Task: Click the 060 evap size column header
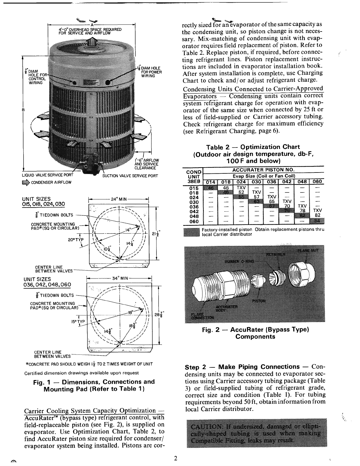click(317, 181)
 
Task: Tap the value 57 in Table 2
click(256, 197)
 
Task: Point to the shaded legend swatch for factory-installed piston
click(191, 232)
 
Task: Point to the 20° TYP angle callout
click(76, 239)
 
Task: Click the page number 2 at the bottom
click(175, 458)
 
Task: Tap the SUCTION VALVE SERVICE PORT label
click(130, 176)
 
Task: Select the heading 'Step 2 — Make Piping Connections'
click(242, 367)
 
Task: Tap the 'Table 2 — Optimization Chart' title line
click(253, 147)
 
